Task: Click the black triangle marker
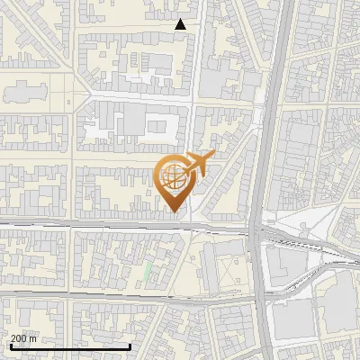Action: click(x=181, y=24)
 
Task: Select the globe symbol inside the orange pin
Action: click(x=173, y=175)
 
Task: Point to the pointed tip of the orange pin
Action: click(x=173, y=211)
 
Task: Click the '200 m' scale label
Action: click(x=23, y=338)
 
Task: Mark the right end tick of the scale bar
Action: click(x=130, y=345)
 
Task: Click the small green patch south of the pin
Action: click(x=148, y=271)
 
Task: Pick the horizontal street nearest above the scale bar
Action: click(x=72, y=295)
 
